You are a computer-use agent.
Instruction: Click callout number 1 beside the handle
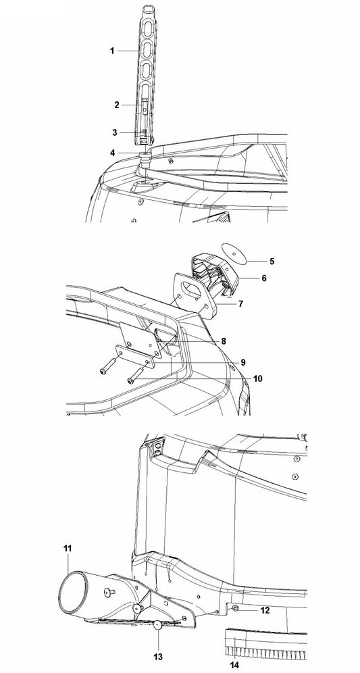(112, 51)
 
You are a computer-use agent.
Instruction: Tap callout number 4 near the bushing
(112, 152)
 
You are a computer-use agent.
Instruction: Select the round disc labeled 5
(234, 253)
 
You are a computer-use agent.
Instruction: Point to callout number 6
(264, 278)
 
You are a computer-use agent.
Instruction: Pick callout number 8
(224, 341)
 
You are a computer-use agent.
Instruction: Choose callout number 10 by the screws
(257, 379)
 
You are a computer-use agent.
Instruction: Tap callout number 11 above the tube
(68, 548)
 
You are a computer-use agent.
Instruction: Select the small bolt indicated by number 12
(236, 608)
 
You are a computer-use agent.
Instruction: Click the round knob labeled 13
(158, 625)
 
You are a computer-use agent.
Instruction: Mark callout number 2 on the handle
(117, 105)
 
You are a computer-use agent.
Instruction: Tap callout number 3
(115, 132)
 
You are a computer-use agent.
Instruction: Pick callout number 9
(243, 362)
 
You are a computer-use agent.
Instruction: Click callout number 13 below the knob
(159, 657)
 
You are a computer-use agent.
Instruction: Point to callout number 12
(265, 610)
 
